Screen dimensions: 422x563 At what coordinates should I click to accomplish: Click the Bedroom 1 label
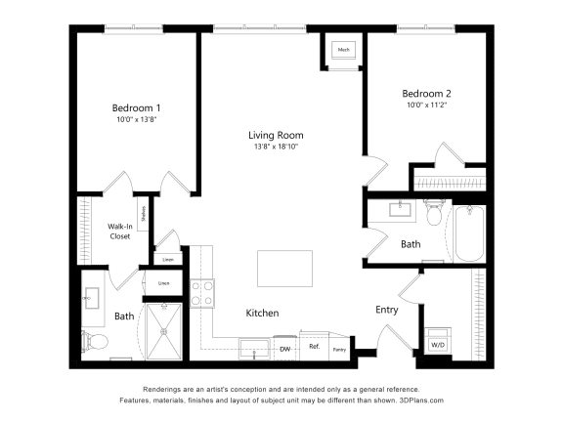click(136, 107)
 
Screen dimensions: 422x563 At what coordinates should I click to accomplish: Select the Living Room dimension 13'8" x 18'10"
click(275, 148)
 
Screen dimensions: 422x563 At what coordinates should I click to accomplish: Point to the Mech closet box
click(344, 50)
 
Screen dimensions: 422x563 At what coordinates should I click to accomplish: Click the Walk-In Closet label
click(119, 231)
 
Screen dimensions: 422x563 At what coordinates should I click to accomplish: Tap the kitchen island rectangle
click(284, 267)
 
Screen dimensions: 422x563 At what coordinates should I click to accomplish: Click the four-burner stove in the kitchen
click(201, 294)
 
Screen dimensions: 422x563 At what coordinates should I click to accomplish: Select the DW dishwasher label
click(285, 348)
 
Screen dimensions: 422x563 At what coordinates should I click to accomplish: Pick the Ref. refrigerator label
click(315, 347)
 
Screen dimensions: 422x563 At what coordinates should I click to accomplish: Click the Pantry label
click(339, 349)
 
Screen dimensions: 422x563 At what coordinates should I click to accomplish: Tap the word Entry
click(387, 310)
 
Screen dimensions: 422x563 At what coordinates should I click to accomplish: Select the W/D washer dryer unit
click(436, 344)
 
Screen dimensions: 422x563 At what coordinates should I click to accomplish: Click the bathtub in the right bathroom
click(469, 233)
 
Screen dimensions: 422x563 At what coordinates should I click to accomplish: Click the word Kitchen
click(262, 314)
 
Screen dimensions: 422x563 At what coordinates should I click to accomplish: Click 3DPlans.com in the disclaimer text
click(417, 400)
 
